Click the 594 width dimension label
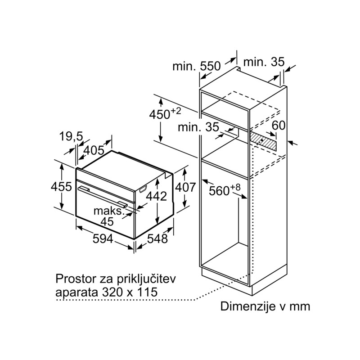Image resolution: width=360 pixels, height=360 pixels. (103, 239)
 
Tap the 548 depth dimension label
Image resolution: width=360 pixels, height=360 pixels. (157, 239)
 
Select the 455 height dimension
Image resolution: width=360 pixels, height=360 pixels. (61, 186)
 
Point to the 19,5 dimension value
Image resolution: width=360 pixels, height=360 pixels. (71, 136)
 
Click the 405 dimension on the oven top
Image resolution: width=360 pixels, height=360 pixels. (94, 150)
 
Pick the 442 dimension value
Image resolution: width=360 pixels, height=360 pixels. (157, 196)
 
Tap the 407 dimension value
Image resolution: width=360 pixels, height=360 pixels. (185, 187)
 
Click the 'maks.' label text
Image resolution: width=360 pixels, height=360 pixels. (109, 211)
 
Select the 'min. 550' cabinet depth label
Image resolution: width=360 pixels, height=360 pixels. (197, 66)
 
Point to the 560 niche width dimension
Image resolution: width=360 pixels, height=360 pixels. (225, 189)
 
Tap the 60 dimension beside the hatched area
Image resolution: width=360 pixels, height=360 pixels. (279, 126)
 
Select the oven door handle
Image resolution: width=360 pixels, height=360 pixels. (103, 197)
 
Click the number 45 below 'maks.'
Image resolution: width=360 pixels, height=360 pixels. (107, 221)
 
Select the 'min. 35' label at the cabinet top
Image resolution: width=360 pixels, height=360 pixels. (264, 62)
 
